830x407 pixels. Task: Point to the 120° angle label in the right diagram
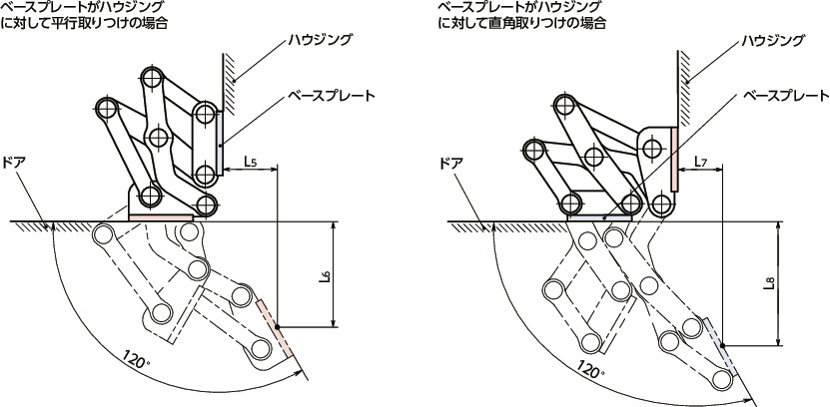pos(589,370)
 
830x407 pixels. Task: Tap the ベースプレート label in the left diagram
pos(331,96)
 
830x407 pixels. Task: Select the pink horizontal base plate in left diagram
pos(160,216)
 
